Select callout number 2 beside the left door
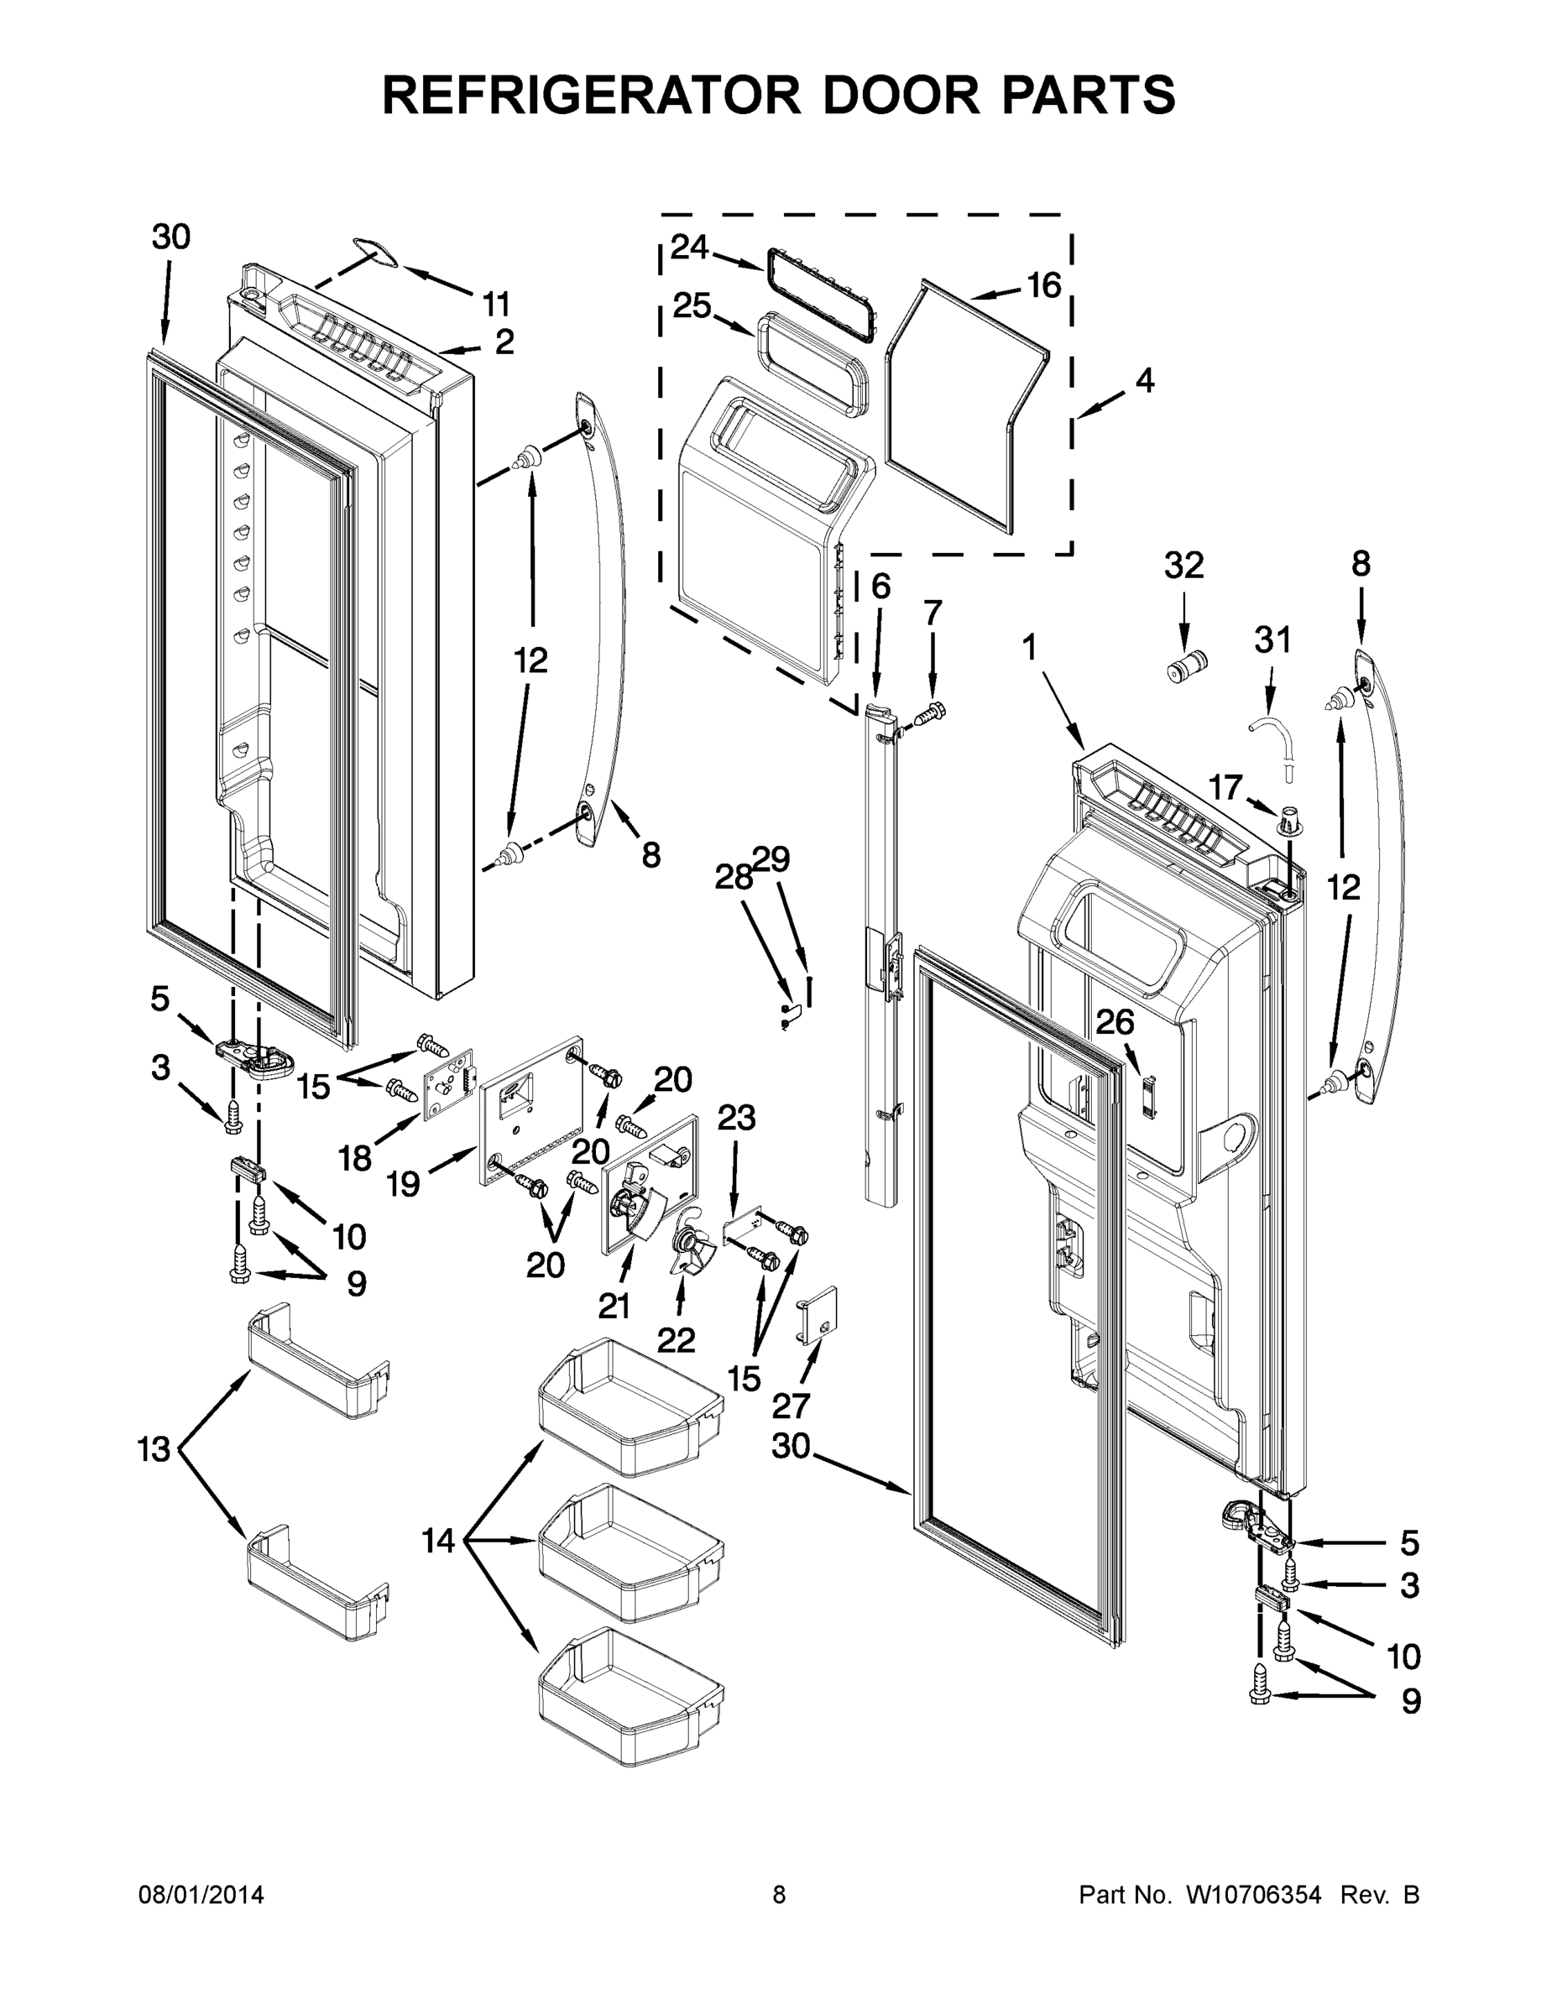pyautogui.click(x=504, y=343)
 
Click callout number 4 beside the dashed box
pyautogui.click(x=1144, y=380)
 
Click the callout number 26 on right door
pyautogui.click(x=1115, y=1023)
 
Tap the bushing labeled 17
pyautogui.click(x=1289, y=819)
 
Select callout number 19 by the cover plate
pyautogui.click(x=403, y=1183)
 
